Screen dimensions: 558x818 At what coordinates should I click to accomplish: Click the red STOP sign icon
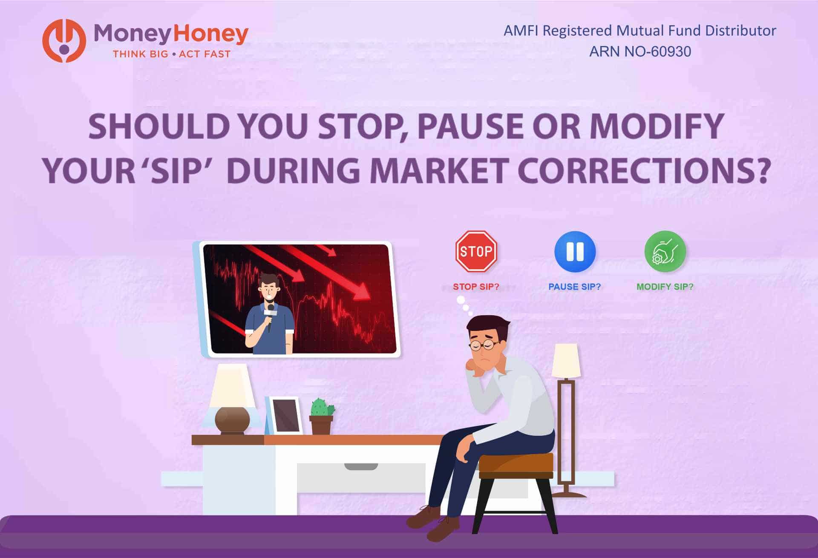tap(476, 251)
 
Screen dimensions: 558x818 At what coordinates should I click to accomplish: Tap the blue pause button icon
tap(575, 251)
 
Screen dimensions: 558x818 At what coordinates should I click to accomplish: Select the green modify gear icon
tap(665, 251)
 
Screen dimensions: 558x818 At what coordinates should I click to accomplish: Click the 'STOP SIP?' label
tap(476, 287)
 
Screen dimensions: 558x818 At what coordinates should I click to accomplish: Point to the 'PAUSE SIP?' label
tap(574, 287)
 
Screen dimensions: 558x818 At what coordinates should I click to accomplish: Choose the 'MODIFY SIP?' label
tap(665, 287)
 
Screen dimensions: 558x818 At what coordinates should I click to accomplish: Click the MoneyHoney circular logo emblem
tap(64, 40)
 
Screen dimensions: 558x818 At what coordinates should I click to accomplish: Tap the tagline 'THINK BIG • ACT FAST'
tap(171, 54)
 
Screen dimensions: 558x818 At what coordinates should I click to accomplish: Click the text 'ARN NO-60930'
tap(640, 52)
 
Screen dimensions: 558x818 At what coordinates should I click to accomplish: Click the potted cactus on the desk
tap(321, 415)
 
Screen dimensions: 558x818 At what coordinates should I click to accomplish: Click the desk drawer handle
tap(361, 466)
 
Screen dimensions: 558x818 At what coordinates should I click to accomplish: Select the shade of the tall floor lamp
tap(566, 361)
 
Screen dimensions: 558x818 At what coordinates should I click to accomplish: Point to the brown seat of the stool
tap(516, 464)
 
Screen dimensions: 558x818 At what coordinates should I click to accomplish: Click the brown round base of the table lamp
tap(232, 420)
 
